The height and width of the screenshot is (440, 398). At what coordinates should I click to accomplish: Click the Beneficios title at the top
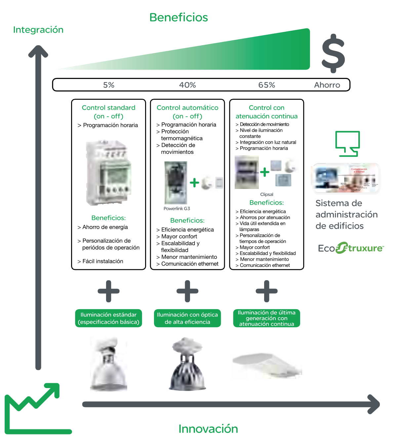179,18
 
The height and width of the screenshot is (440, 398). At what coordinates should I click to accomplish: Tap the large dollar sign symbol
333,53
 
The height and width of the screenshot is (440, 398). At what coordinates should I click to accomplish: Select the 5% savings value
109,85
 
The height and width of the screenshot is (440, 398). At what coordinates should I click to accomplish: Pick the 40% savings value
187,85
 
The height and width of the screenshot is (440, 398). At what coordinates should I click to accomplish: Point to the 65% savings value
266,85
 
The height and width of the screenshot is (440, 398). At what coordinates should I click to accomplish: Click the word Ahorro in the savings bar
327,85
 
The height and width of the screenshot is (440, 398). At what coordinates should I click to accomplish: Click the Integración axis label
38,30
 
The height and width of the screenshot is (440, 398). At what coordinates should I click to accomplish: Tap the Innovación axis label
208,429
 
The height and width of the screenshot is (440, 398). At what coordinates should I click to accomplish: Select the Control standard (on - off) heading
108,112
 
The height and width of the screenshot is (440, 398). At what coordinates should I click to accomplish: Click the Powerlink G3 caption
177,208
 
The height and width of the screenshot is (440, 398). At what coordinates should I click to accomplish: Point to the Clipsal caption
266,194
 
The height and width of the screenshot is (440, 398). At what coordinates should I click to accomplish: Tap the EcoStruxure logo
351,248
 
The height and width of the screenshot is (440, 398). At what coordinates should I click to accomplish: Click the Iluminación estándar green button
108,318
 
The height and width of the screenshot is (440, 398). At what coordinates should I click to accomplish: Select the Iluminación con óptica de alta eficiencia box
187,318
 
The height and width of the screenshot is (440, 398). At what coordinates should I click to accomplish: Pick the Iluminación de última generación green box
266,318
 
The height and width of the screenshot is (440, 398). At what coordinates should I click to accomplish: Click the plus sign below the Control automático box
187,291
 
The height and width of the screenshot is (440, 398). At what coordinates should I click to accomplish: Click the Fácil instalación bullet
102,261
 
